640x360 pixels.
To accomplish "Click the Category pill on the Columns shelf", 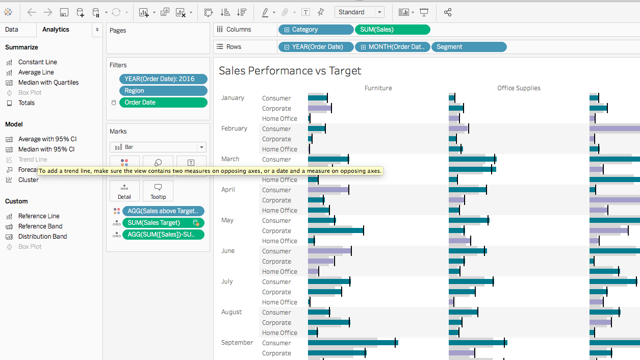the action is (x=316, y=30).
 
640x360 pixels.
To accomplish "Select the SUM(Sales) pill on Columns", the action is (x=392, y=30).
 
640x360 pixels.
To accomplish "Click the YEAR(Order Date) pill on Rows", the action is (x=316, y=47).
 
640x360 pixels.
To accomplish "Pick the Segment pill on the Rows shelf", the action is (x=469, y=47).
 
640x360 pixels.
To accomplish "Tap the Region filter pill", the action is (x=163, y=91).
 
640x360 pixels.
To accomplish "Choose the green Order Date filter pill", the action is (x=163, y=102).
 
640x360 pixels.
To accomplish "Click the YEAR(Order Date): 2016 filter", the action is (x=163, y=79).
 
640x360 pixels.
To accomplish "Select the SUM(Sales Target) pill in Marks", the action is (x=163, y=223).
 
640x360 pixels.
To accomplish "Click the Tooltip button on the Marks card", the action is (x=158, y=191).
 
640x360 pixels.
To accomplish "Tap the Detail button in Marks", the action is (x=124, y=191).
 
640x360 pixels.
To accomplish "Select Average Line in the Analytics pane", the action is (x=36, y=72).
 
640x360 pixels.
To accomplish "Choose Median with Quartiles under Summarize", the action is (x=48, y=83).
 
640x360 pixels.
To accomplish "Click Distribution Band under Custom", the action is (x=42, y=237).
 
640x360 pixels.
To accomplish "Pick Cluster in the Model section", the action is (x=28, y=180).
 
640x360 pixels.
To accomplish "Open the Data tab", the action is (x=11, y=30).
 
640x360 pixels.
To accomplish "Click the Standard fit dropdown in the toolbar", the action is (x=359, y=12).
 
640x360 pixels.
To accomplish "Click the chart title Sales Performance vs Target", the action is (x=290, y=71).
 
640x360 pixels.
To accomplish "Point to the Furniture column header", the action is (x=378, y=88).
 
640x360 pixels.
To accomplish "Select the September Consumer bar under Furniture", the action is (x=353, y=343).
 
